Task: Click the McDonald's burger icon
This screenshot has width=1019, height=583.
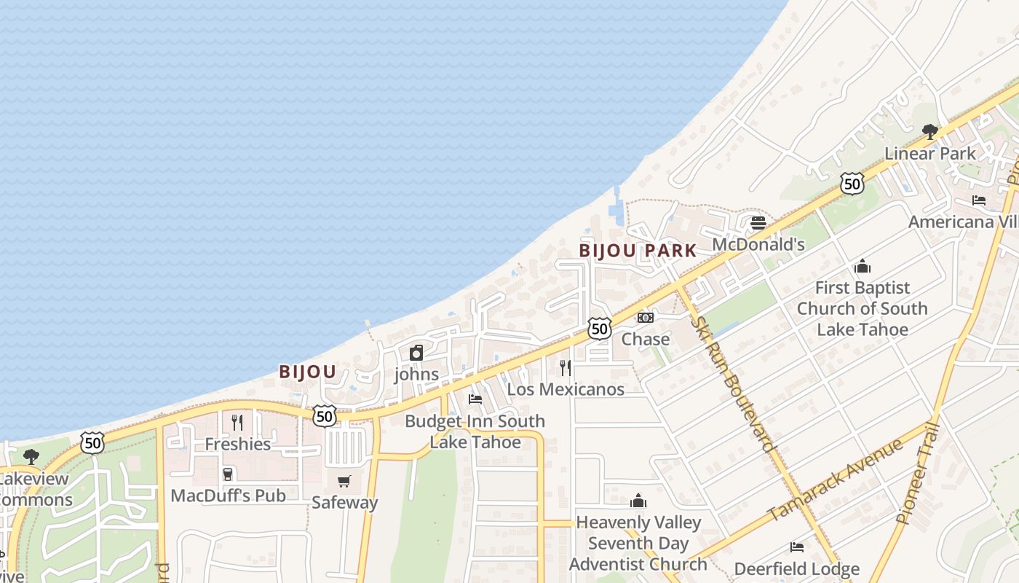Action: coord(758,222)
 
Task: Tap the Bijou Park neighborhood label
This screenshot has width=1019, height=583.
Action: coord(638,251)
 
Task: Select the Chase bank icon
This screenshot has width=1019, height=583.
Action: coord(646,318)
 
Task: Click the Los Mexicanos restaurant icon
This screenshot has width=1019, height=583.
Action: coord(566,367)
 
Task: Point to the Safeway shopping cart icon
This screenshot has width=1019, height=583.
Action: coord(344,481)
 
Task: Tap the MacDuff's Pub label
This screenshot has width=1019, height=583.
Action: coord(228,496)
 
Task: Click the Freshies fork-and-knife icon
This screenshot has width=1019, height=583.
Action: coord(237,422)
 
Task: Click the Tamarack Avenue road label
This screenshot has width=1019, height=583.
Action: coord(836,480)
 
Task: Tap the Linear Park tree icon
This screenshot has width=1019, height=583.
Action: coord(929,132)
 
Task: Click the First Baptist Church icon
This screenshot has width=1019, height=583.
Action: coord(863,266)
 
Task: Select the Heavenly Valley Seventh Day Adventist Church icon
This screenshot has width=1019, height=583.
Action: coord(638,501)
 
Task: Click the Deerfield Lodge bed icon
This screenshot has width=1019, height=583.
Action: coord(797,547)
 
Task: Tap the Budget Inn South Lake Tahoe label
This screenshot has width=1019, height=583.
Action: coord(475,431)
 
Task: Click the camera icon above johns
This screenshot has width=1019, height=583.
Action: coord(416,353)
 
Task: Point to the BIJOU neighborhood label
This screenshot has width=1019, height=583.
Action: coord(307,372)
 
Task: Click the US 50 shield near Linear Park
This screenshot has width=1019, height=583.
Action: coord(852,183)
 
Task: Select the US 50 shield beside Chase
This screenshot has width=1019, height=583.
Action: coord(599,329)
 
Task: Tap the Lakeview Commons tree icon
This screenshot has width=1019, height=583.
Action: coord(31,457)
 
